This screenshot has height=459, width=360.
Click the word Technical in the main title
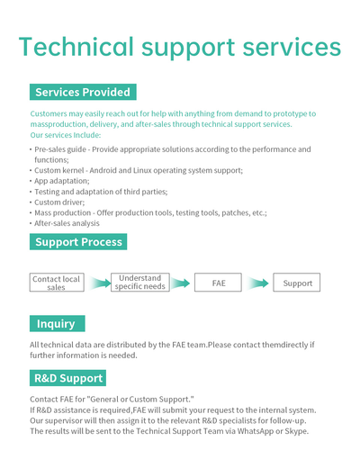click(x=76, y=47)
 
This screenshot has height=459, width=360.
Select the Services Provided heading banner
click(x=83, y=92)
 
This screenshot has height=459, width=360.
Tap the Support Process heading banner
click(x=78, y=241)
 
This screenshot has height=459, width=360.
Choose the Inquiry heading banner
click(x=58, y=323)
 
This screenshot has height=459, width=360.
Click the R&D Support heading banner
click(x=67, y=378)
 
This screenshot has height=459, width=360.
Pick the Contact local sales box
click(x=57, y=283)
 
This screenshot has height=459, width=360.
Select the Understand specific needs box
click(x=140, y=283)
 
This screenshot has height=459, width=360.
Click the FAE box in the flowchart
click(x=218, y=283)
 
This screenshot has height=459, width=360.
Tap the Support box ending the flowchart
click(x=296, y=283)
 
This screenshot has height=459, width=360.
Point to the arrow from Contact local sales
click(x=100, y=283)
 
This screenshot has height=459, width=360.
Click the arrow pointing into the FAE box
click(x=180, y=283)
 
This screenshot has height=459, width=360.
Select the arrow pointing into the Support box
click(x=257, y=283)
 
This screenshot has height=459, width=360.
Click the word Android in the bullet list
click(x=103, y=170)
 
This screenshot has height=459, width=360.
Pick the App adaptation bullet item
click(x=62, y=181)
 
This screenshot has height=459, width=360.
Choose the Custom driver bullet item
click(x=59, y=202)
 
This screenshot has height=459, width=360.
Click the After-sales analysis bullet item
click(x=67, y=223)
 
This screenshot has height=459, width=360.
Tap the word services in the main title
click(x=292, y=47)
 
